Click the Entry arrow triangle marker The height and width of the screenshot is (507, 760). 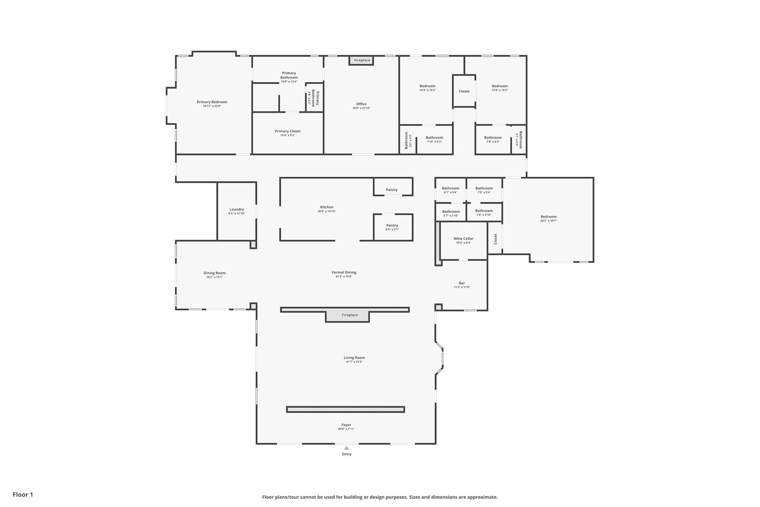pyautogui.click(x=346, y=448)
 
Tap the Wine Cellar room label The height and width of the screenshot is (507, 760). pyautogui.click(x=463, y=238)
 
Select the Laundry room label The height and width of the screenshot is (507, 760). pyautogui.click(x=236, y=209)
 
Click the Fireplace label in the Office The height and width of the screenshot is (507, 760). pyautogui.click(x=362, y=60)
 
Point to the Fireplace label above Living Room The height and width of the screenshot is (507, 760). pyautogui.click(x=350, y=315)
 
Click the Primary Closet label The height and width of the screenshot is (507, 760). pyautogui.click(x=288, y=131)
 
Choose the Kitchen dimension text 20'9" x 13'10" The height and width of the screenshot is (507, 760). pyautogui.click(x=327, y=211)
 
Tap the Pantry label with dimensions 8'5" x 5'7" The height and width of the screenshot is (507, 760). pyautogui.click(x=392, y=225)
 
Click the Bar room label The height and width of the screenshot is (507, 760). pyautogui.click(x=462, y=283)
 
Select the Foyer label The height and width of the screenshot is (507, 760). pyautogui.click(x=346, y=425)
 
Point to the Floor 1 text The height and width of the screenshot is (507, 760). pyautogui.click(x=23, y=494)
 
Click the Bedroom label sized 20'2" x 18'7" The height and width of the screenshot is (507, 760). pyautogui.click(x=548, y=217)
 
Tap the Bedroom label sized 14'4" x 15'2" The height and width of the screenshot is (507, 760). pyautogui.click(x=427, y=86)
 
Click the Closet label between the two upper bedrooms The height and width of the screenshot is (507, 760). pyautogui.click(x=464, y=91)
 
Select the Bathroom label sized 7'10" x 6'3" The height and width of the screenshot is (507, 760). pyautogui.click(x=434, y=137)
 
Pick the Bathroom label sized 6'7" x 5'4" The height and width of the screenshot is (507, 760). pyautogui.click(x=451, y=188)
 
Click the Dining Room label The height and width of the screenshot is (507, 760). pyautogui.click(x=214, y=273)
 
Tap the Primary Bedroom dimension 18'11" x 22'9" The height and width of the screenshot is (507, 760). pyautogui.click(x=212, y=106)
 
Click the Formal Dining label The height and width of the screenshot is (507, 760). pyautogui.click(x=344, y=272)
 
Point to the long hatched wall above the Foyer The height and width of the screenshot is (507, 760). pyautogui.click(x=345, y=409)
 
